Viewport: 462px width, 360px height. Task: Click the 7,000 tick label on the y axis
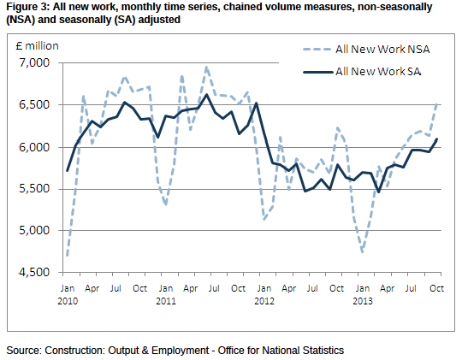click(34, 62)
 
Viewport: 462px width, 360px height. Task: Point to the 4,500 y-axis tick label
click(34, 272)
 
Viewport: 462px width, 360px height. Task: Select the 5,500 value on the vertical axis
click(34, 189)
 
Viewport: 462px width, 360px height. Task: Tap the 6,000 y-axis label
click(34, 147)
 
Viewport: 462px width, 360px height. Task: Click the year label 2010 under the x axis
click(68, 301)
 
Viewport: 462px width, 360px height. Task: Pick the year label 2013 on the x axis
click(363, 301)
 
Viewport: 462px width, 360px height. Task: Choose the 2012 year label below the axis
click(264, 301)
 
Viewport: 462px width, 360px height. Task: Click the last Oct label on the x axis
click(436, 288)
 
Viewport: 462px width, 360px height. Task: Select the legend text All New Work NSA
click(382, 50)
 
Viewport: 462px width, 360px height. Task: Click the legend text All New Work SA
click(378, 71)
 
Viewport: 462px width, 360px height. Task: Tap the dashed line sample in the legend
click(317, 50)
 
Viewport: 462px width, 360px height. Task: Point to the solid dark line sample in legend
click(318, 72)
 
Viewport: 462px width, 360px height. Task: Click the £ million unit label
click(38, 46)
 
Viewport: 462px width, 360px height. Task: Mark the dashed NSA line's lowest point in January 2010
click(68, 256)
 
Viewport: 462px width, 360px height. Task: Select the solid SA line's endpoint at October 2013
click(436, 139)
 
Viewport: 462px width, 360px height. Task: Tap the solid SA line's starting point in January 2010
click(68, 170)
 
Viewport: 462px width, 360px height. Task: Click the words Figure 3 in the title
click(27, 7)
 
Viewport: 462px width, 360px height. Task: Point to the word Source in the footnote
click(24, 351)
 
